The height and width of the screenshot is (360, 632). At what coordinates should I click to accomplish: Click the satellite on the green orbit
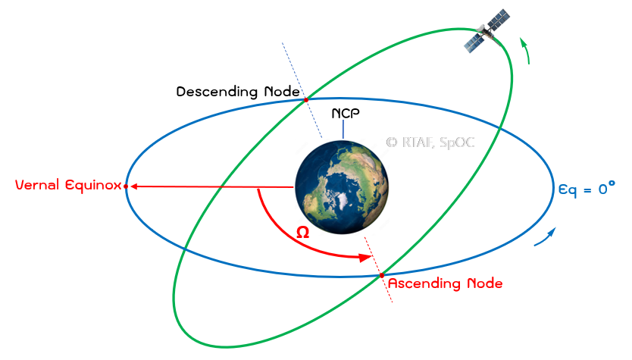[487, 30]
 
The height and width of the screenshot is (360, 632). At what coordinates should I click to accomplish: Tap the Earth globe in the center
[342, 187]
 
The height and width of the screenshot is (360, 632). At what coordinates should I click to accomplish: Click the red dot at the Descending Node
[306, 99]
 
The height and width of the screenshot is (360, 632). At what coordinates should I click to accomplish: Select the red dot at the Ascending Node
[382, 275]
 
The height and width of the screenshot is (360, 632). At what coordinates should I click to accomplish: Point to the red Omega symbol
[302, 232]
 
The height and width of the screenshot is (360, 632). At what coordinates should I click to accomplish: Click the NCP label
[346, 113]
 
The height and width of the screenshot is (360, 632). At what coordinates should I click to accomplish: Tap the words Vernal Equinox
[68, 185]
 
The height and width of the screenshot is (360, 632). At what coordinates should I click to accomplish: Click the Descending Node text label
[238, 92]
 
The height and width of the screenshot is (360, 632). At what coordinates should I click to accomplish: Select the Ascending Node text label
[445, 283]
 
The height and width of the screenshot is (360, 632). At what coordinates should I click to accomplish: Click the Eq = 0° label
[587, 188]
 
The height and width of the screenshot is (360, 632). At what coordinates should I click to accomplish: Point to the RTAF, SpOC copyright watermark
[430, 142]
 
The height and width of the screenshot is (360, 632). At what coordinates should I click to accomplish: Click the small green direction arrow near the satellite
[525, 51]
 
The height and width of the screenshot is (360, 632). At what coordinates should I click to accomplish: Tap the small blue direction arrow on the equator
[546, 236]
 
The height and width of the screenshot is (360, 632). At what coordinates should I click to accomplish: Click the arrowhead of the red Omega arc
[365, 257]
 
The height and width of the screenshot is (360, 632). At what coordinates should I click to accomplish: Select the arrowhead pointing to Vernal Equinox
[134, 186]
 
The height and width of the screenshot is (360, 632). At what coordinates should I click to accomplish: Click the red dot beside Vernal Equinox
[126, 186]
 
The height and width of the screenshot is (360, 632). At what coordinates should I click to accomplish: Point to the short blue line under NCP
[343, 130]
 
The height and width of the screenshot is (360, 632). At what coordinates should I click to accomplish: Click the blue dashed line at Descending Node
[302, 90]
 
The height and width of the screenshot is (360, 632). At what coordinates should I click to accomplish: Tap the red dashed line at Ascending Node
[378, 269]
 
